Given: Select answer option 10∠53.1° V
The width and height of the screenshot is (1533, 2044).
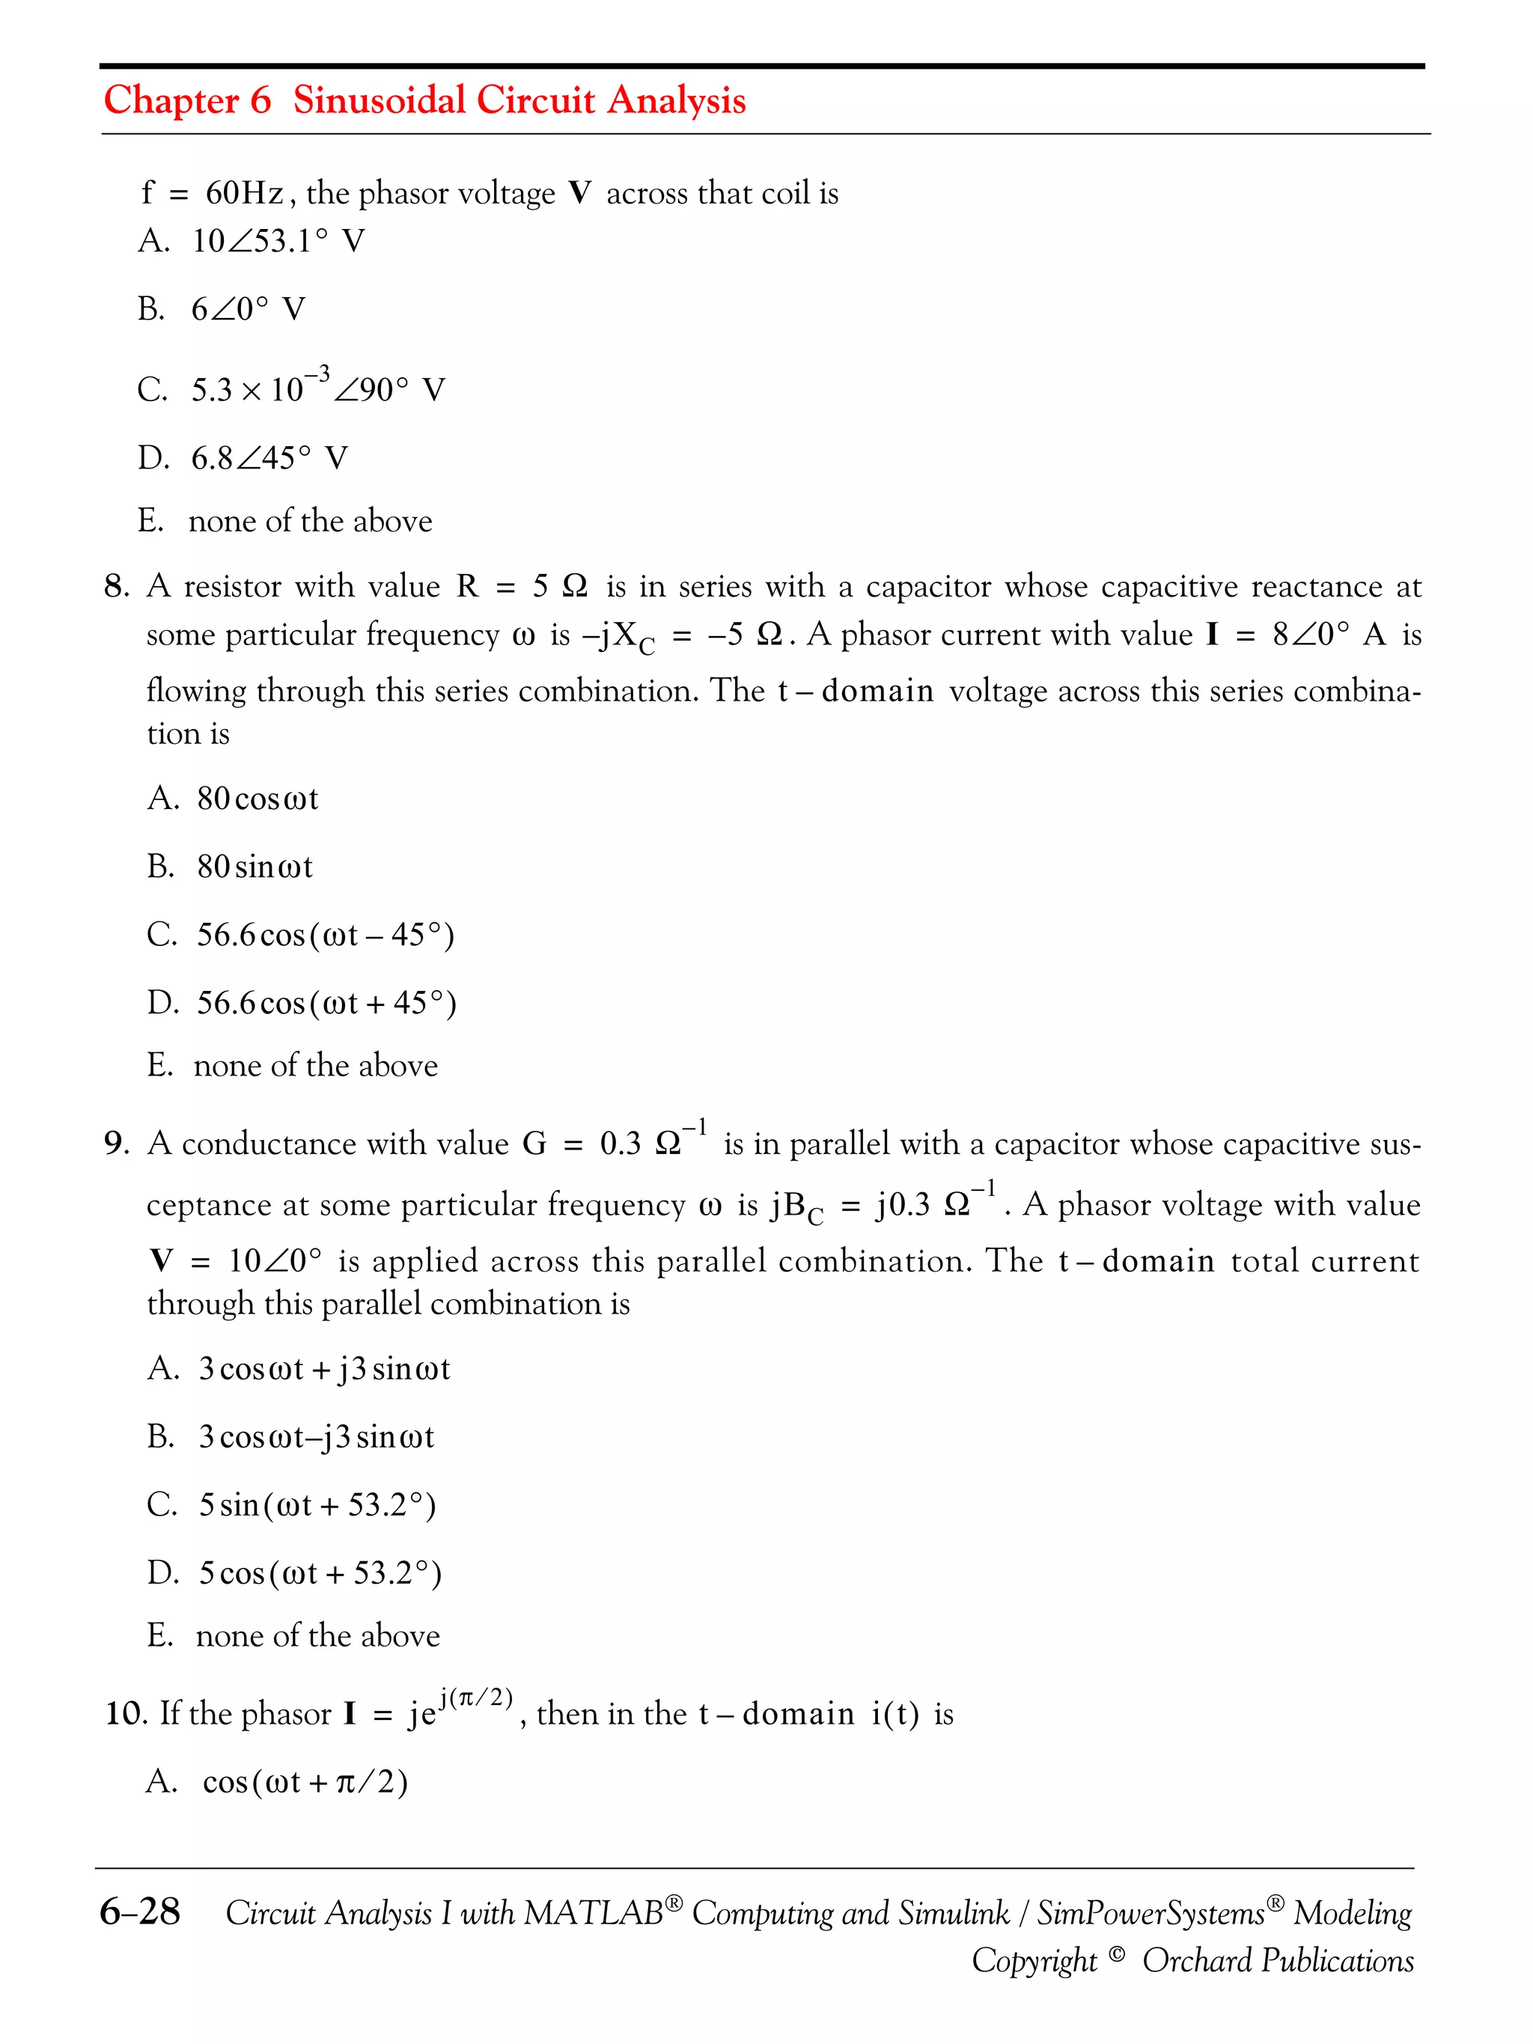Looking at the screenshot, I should coord(277,241).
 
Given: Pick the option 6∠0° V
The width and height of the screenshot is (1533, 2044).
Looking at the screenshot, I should coord(247,308).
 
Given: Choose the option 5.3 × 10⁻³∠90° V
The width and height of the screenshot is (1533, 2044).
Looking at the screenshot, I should coord(317,388).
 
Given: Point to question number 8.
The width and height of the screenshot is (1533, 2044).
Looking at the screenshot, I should coord(117,586).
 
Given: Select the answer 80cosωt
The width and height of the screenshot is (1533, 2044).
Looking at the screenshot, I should coord(257,799).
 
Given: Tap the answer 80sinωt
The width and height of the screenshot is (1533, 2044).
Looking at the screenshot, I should coord(254,867).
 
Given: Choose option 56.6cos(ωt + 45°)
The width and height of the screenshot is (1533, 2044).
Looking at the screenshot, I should coord(326,1004).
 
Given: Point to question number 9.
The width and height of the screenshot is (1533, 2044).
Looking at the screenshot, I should coord(117,1144).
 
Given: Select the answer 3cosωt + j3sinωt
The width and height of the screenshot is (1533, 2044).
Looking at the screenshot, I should coord(323,1368).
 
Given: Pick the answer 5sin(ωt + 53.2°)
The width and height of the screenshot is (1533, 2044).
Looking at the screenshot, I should coord(316,1505).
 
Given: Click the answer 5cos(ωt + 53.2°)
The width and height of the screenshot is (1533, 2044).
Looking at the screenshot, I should coord(320,1574).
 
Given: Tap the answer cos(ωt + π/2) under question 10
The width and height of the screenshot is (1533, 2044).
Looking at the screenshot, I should coord(304,1781).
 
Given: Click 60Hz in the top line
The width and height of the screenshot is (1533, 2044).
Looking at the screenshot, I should coord(244,193).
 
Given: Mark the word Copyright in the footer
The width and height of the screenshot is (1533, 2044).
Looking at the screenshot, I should coord(1033,1960).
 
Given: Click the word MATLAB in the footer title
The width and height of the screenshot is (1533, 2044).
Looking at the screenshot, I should coord(592,1912).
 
